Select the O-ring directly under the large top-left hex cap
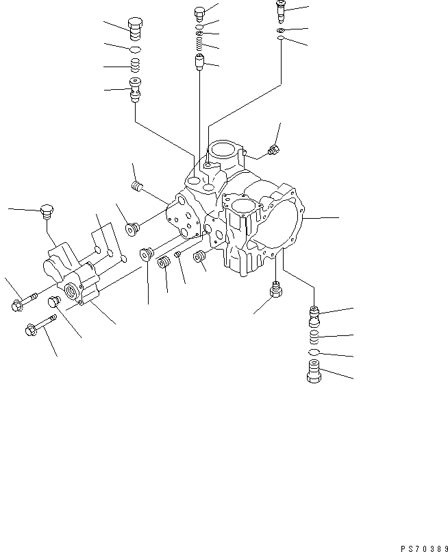point(135,50)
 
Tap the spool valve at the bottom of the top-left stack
point(135,89)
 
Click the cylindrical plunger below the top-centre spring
point(199,65)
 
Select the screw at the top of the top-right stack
point(280,9)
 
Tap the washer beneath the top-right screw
point(281,31)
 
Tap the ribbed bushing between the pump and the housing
point(164,264)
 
